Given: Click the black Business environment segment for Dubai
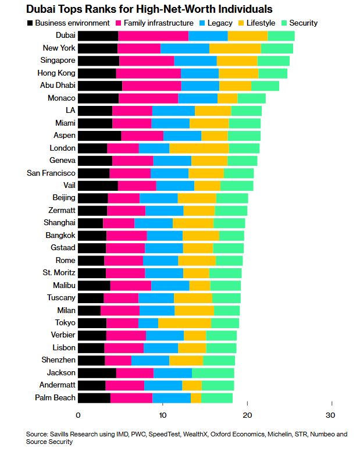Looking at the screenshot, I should tap(98, 36).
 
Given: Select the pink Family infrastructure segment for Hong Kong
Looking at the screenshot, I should tap(148, 73).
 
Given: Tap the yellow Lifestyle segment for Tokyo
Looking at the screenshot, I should tap(184, 323).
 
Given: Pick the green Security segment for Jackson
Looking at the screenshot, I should tap(213, 373).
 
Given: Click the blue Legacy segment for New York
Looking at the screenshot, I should tap(185, 48).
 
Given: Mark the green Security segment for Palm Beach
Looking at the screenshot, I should tap(217, 398).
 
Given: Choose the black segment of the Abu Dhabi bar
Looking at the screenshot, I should tap(100, 86).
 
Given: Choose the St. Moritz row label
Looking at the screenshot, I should tap(59, 273).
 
